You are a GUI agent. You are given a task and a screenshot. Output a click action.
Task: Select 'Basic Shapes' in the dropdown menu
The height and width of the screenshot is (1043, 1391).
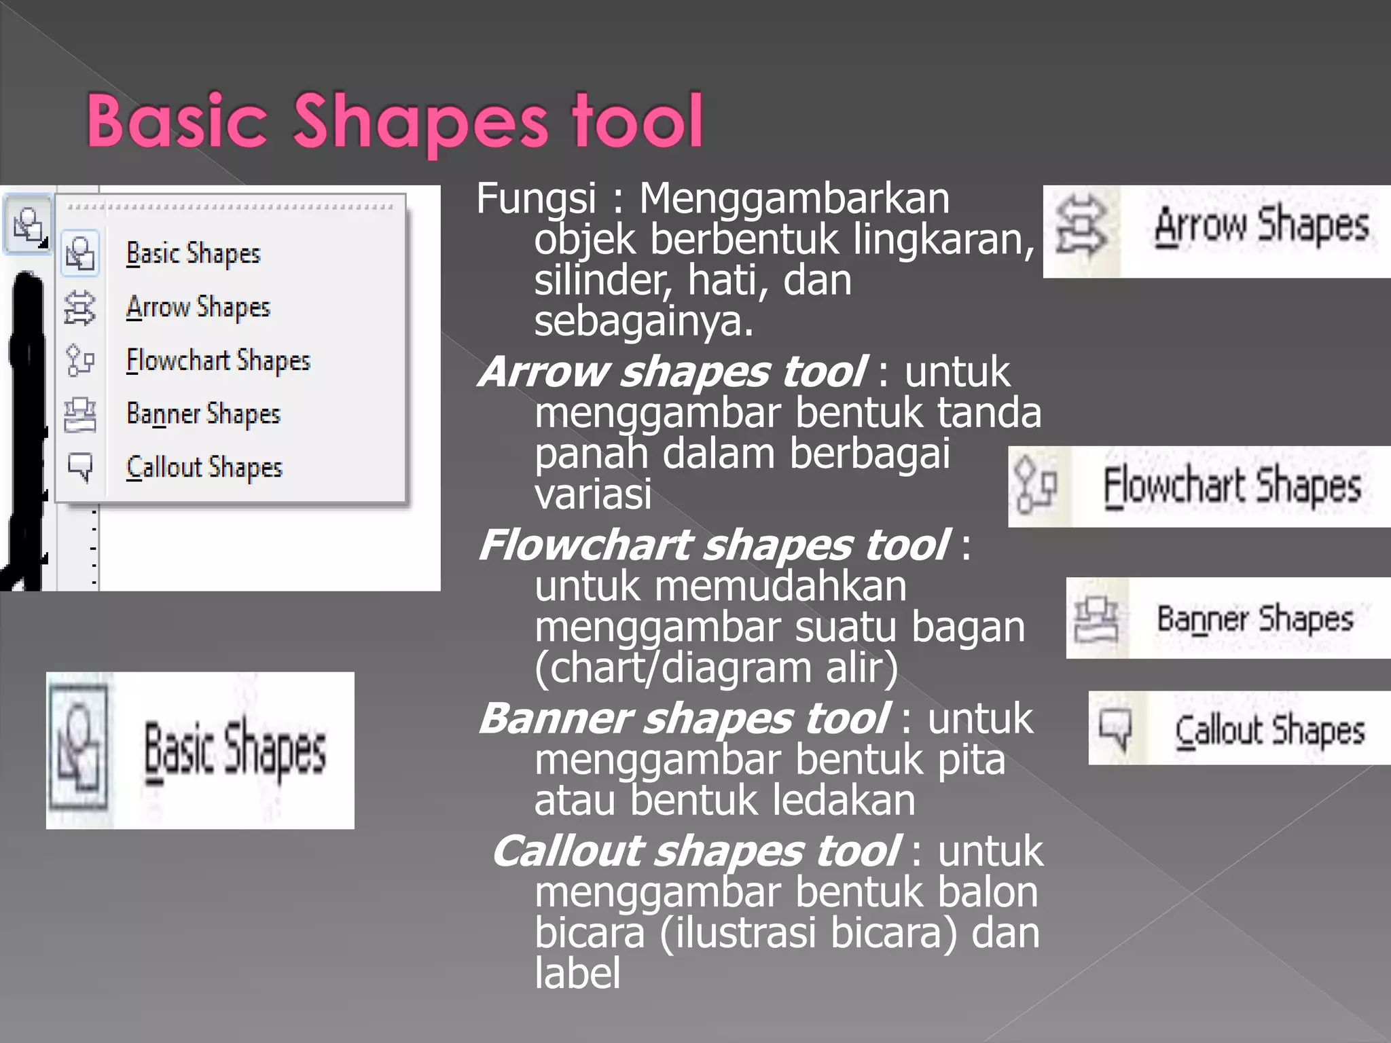pos(193,254)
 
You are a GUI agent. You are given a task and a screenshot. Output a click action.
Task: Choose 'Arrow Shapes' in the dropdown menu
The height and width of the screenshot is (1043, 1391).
pos(198,308)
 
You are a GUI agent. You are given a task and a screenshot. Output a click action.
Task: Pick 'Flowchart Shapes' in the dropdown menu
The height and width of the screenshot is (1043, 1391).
pos(217,361)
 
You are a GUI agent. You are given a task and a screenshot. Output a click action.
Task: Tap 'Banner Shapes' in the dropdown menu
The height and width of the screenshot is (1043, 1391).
pos(203,414)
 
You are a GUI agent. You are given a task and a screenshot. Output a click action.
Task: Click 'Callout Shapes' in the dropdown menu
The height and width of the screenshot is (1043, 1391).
pos(204,467)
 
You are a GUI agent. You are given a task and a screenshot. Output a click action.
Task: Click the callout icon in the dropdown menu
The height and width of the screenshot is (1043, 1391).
pos(80,466)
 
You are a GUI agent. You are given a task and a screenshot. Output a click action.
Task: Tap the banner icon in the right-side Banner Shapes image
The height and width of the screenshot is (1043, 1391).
pos(1095,619)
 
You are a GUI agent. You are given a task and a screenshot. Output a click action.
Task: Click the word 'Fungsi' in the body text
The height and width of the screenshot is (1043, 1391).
pos(536,199)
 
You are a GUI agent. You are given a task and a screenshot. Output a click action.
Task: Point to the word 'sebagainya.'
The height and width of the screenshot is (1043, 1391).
pos(643,321)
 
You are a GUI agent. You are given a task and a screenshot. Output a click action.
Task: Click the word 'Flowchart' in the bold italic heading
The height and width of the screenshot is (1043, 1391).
pos(585,545)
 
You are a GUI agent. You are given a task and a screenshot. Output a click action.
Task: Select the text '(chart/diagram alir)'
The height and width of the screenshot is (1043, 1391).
pos(716,668)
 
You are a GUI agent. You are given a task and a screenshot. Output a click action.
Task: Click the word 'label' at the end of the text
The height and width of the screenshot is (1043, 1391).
pos(577,974)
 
